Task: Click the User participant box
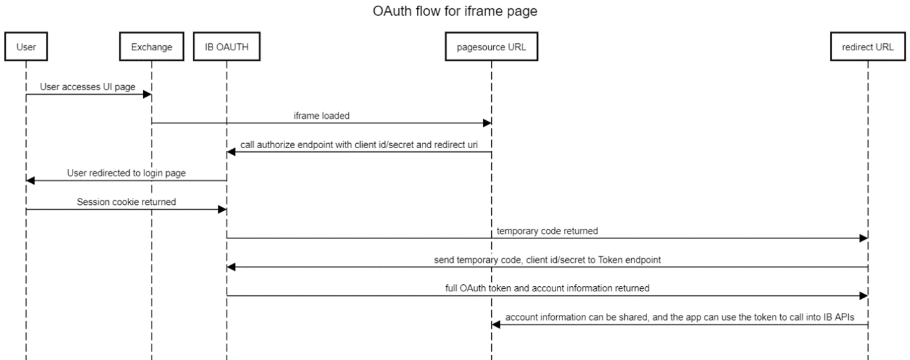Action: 26,46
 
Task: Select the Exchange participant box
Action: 151,46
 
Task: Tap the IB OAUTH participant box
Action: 227,46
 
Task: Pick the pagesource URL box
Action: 491,46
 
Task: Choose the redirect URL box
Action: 867,46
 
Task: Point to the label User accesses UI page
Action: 88,87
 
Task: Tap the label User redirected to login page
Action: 126,173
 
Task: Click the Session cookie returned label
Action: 126,202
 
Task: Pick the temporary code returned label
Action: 547,231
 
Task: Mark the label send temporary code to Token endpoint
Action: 547,260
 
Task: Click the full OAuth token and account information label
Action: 547,288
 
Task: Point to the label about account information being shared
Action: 680,317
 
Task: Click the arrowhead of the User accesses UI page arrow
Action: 147,95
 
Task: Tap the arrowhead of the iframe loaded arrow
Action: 487,123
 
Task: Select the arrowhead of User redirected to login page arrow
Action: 31,181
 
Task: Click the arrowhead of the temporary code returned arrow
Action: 863,238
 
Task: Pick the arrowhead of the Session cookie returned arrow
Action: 222,209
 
